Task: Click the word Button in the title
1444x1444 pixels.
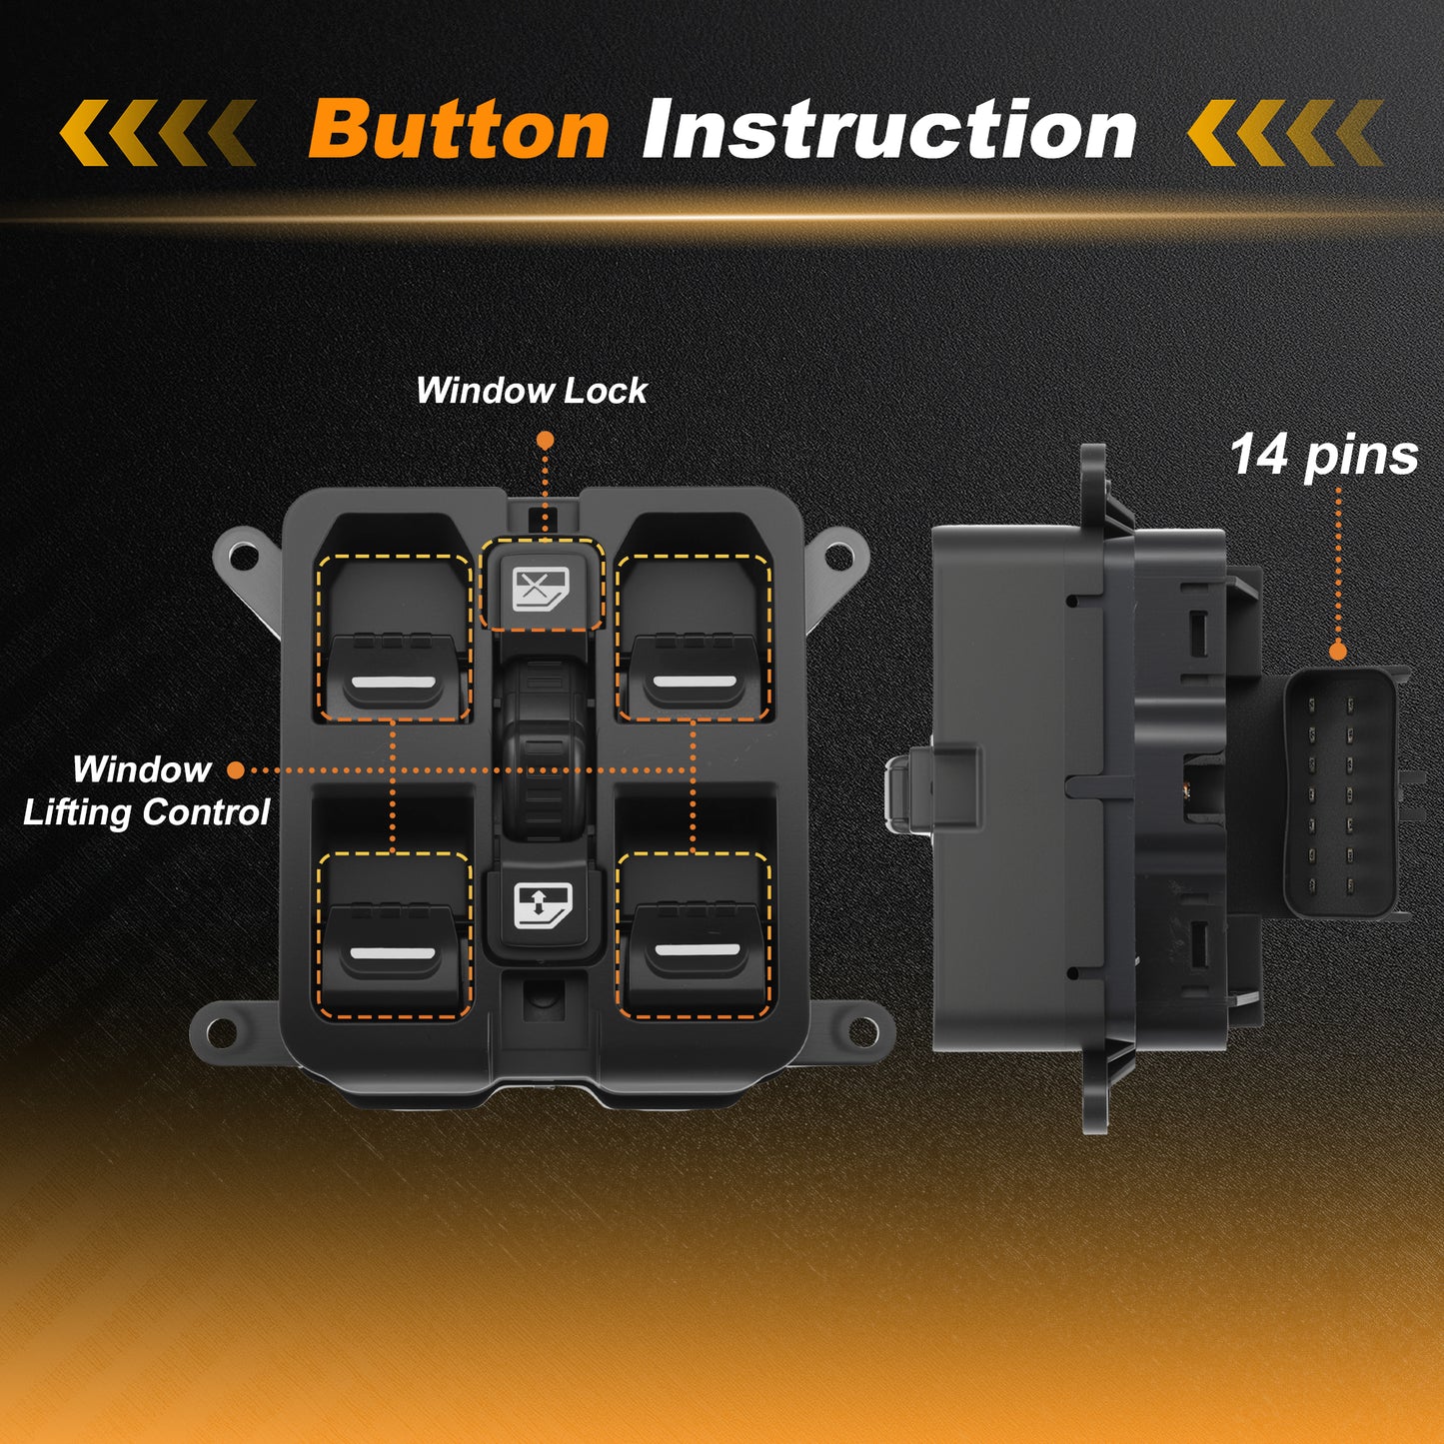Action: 458,129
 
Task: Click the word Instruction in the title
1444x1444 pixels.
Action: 889,129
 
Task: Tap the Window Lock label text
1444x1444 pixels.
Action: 532,390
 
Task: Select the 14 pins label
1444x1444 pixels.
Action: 1325,456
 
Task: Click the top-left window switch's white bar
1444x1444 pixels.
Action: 394,682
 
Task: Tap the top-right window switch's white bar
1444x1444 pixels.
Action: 695,682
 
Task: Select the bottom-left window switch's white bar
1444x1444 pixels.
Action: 394,953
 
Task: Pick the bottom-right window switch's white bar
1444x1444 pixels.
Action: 698,950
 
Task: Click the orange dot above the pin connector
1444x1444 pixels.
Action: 1338,652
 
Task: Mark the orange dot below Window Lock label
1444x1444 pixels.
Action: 546,440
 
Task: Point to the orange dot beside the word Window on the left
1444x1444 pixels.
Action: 235,770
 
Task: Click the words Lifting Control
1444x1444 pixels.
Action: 146,812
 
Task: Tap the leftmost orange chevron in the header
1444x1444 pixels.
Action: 84,133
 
